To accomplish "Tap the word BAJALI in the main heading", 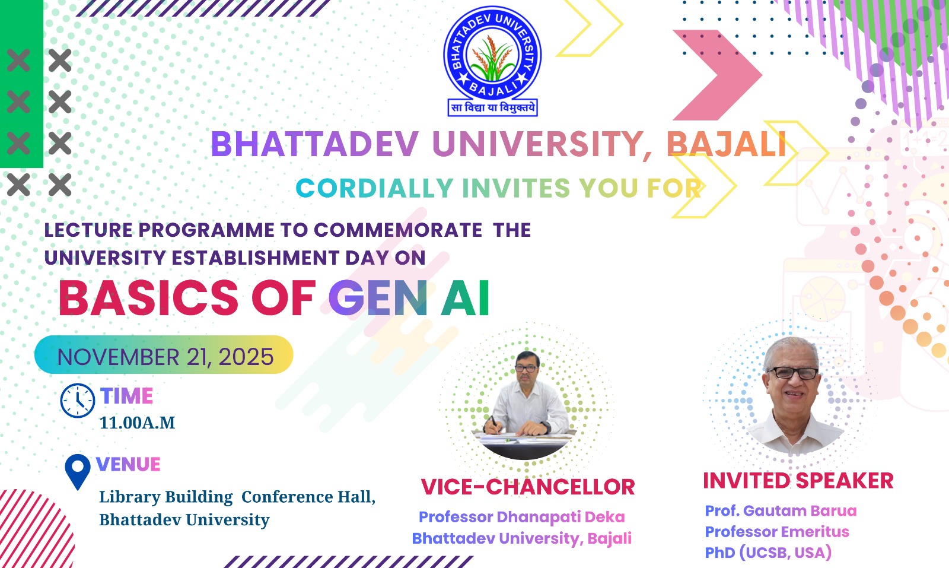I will point(727,144).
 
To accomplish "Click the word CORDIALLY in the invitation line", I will point(374,189).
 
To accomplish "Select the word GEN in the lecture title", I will point(378,298).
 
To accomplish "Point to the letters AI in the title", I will point(465,298).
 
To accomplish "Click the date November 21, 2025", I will point(165,357).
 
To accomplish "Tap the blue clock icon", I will point(78,401).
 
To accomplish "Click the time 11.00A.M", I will point(137,423).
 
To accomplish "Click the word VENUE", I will point(128,464).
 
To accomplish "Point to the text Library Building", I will point(165,497).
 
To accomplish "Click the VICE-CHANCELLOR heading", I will point(527,487).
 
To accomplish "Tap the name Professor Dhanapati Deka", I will point(521,517).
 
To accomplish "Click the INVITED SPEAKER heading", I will point(798,481).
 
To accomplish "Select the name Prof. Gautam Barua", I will point(781,511).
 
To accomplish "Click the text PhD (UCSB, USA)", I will point(768,553).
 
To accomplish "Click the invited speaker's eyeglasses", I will point(793,373).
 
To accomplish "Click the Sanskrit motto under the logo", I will point(492,108).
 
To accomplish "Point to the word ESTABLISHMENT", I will point(255,258).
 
